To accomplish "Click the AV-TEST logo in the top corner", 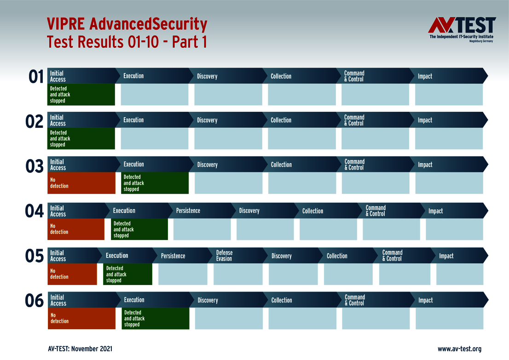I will [x=462, y=29].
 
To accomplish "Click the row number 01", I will [x=36, y=77].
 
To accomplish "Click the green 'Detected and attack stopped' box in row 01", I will [x=81, y=94].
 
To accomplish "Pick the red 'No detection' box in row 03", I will [x=81, y=183].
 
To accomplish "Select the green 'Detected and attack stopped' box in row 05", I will [x=127, y=274].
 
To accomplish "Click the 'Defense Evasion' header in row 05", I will [x=225, y=256].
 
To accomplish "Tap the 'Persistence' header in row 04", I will [x=188, y=211].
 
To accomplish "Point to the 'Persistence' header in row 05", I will [x=173, y=256].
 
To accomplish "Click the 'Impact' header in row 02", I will [x=425, y=120].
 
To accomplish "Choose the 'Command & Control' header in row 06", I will [x=355, y=300].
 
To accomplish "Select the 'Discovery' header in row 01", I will [x=207, y=76].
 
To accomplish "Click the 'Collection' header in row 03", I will [x=281, y=165].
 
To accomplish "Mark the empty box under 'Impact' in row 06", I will [x=449, y=318].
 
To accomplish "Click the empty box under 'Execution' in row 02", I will [x=155, y=138].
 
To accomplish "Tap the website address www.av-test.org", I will [x=459, y=349].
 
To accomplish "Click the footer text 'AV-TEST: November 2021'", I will [x=80, y=349].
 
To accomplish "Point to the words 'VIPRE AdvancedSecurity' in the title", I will [x=127, y=24].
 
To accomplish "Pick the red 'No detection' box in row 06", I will [x=81, y=318].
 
